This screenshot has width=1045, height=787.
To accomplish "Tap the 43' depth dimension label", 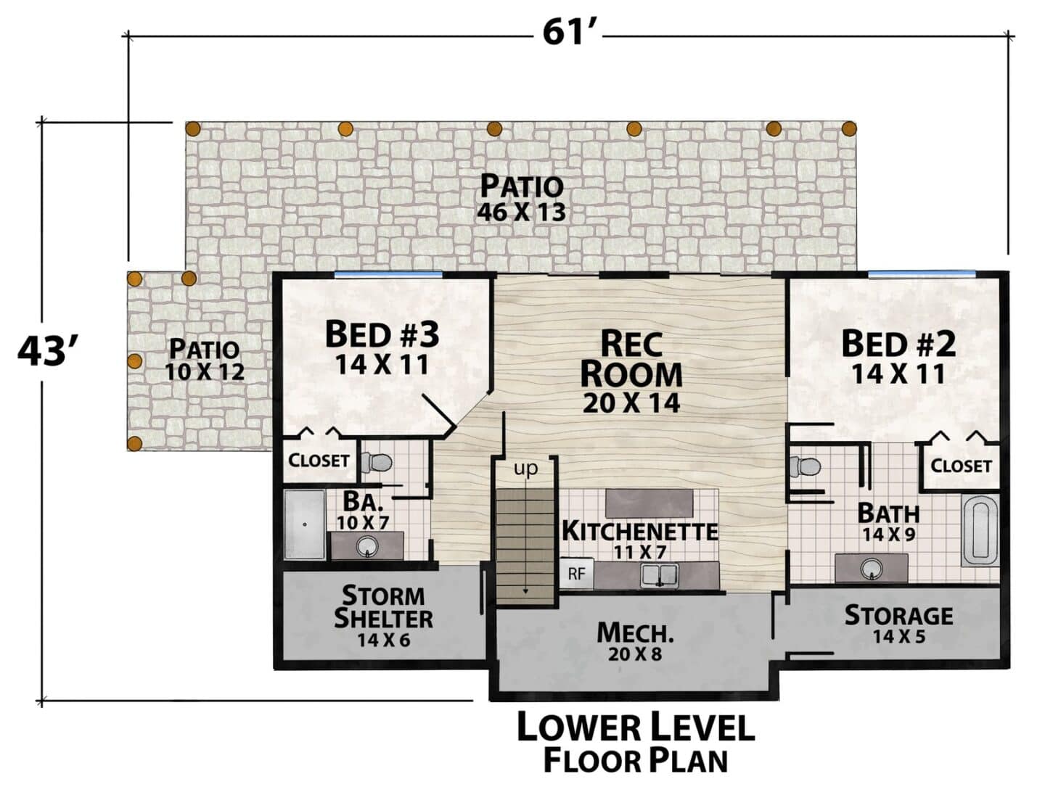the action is click(x=46, y=353).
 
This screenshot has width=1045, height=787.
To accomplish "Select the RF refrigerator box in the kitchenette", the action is click(x=576, y=573).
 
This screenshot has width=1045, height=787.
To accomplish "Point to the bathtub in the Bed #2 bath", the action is click(x=980, y=531).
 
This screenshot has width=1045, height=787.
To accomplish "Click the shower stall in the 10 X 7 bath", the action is click(x=305, y=524).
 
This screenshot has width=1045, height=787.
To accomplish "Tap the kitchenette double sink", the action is click(x=659, y=574).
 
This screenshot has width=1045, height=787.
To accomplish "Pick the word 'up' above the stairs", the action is click(x=525, y=468).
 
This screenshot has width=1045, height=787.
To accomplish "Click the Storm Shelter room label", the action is click(x=383, y=606).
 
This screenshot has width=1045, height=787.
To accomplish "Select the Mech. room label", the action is click(x=635, y=633).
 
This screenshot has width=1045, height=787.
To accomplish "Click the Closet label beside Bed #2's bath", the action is click(x=962, y=466).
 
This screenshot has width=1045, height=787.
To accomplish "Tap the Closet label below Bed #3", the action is click(x=319, y=460).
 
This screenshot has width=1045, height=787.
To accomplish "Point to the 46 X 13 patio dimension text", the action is click(x=521, y=213).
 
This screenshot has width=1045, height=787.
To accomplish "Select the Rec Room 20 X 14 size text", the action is click(x=631, y=403).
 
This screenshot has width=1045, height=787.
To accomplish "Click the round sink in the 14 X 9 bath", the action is click(x=872, y=568).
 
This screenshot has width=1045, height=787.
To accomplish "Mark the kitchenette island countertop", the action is click(x=649, y=503).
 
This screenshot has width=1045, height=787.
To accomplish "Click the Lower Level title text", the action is click(x=636, y=727).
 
